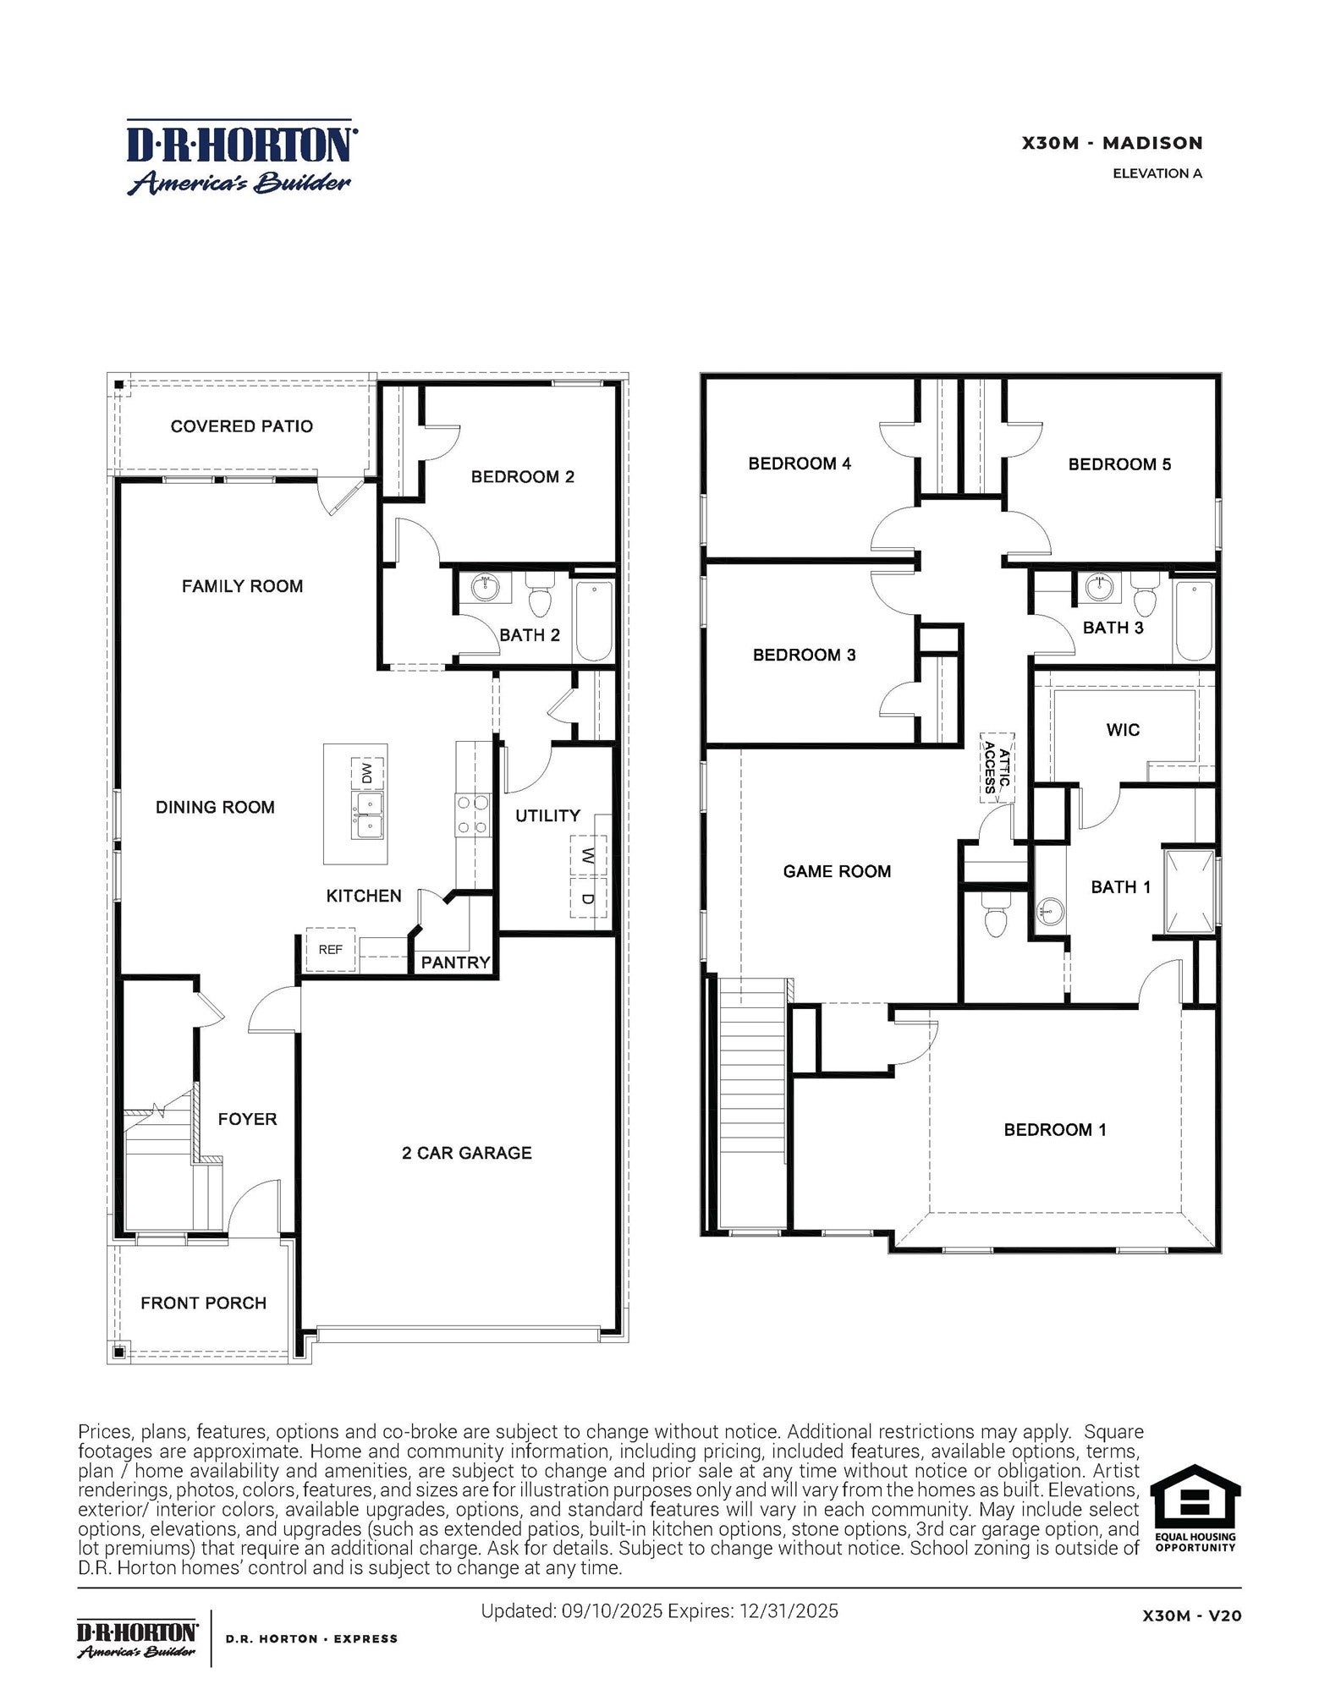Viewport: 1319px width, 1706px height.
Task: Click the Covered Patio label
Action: point(241,426)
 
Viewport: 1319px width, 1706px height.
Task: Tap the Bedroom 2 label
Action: point(522,477)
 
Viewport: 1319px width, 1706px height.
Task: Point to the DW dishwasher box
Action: point(367,773)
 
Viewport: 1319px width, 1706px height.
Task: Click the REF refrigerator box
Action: point(330,950)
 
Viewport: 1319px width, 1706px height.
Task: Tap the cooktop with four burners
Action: point(473,815)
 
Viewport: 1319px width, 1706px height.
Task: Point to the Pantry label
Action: point(455,963)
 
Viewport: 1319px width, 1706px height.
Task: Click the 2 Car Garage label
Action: point(466,1153)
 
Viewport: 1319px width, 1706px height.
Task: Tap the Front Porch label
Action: point(203,1303)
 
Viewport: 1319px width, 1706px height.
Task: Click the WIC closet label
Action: point(1122,730)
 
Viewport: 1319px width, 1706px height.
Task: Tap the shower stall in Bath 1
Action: point(1189,891)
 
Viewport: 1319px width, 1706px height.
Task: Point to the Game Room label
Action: point(836,871)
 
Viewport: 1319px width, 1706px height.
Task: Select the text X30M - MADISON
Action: point(1112,143)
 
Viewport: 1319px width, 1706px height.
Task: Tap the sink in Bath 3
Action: point(1099,586)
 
